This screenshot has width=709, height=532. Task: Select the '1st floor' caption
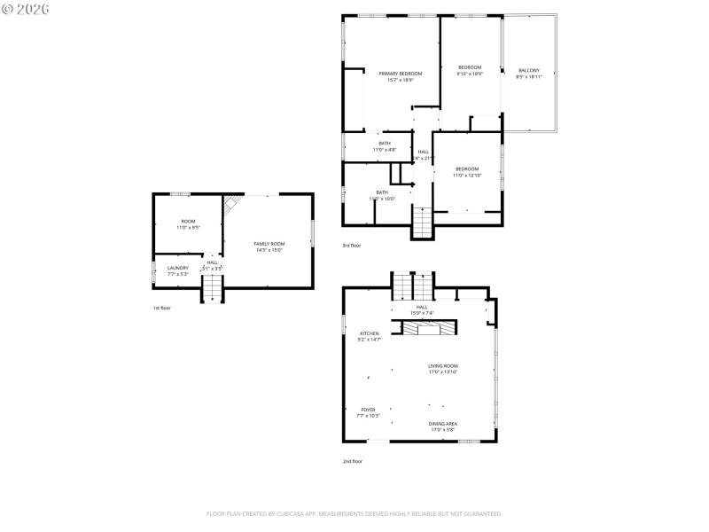click(161, 308)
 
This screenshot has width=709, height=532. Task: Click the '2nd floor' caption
click(353, 461)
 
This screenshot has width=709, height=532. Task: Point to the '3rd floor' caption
click(352, 245)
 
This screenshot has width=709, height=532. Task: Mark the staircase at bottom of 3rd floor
click(423, 222)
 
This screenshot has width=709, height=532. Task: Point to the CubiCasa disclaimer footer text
click(354, 513)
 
